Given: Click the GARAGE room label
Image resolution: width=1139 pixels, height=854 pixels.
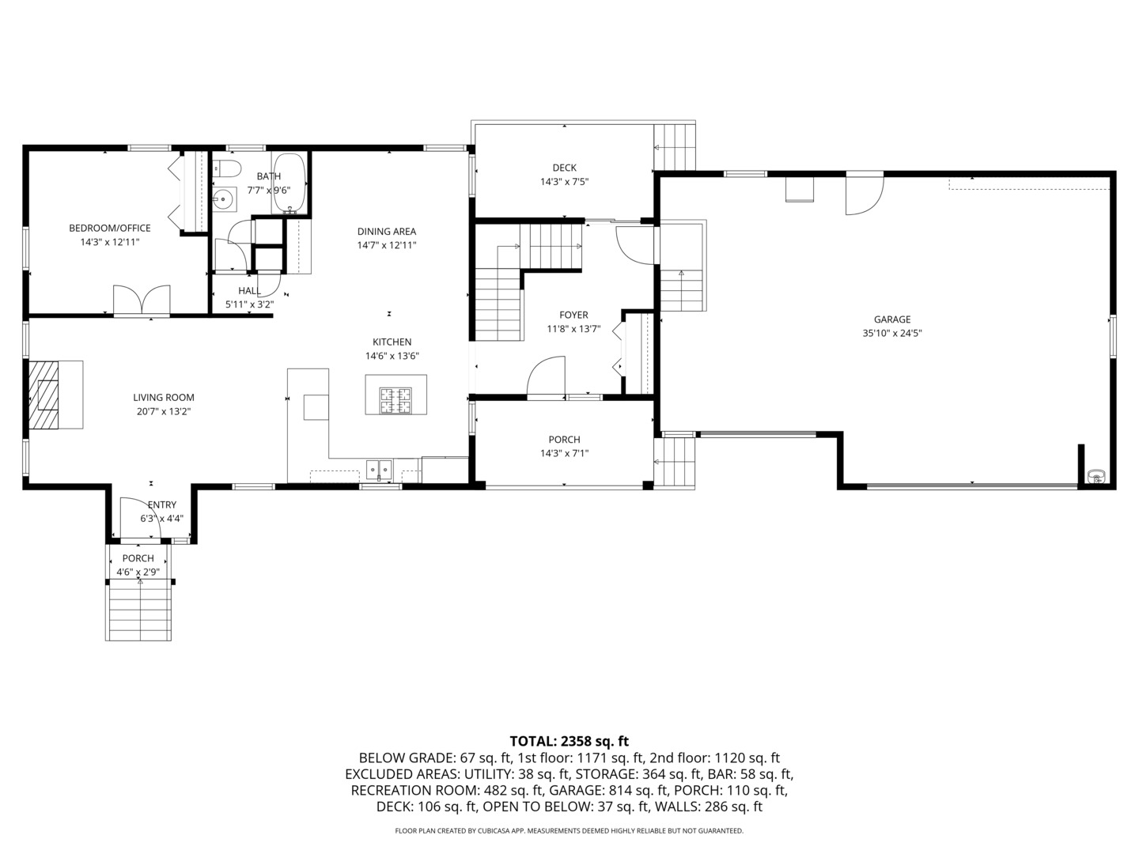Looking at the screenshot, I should tap(891, 319).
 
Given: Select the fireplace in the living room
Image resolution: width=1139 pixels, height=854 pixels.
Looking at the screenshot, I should tap(46, 394).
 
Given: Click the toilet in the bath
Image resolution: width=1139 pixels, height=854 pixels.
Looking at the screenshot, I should tap(227, 169).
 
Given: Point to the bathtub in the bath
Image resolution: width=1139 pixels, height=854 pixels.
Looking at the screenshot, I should tap(289, 184).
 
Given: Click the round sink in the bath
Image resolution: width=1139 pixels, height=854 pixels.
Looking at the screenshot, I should tap(225, 199).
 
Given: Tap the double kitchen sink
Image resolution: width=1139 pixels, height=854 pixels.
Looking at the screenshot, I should tap(380, 470).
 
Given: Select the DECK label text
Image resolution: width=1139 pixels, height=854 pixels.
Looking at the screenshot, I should tap(564, 168).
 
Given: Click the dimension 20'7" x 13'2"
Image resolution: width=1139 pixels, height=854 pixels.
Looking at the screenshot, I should tap(163, 411).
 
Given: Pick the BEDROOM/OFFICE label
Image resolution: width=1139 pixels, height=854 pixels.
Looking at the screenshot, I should tap(109, 229).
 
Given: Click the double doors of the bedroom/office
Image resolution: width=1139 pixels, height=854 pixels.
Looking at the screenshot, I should tap(142, 300).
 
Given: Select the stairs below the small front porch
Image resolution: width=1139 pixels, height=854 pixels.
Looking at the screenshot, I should tap(139, 609).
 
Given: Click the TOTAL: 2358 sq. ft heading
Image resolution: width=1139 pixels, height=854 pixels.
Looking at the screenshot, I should tap(569, 741).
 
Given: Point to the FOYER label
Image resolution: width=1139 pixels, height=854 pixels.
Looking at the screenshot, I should tap(573, 315).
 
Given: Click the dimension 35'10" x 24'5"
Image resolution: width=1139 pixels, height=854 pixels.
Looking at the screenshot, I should tap(891, 334).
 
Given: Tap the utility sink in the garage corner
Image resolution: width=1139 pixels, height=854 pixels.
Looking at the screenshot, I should tap(1095, 476).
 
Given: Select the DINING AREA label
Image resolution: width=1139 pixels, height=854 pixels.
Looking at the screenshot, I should tap(386, 232).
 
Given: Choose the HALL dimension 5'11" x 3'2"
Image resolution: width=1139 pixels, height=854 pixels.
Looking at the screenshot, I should tap(249, 304).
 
